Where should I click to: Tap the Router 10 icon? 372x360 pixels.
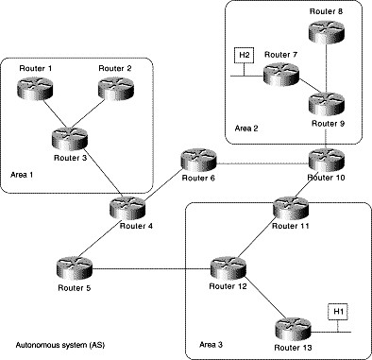(326, 158)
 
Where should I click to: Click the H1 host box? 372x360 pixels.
(337, 311)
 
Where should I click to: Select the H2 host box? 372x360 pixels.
(244, 55)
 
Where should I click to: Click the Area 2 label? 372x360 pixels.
(245, 127)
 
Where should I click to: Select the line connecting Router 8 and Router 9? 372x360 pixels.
(326, 66)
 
